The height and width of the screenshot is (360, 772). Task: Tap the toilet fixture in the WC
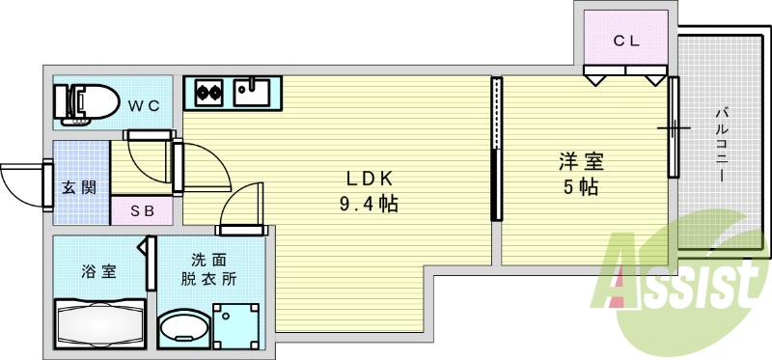click(x=86, y=101)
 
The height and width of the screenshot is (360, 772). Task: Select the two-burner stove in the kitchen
click(x=210, y=93)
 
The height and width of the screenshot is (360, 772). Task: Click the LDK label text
click(x=370, y=179)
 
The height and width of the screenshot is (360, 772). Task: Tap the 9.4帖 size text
click(x=370, y=204)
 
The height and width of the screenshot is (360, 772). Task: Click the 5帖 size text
click(x=581, y=187)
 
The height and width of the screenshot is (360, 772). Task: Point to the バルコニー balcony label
click(x=720, y=145)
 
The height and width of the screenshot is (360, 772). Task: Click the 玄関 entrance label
click(x=79, y=187)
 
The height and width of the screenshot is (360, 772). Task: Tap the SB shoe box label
click(x=141, y=210)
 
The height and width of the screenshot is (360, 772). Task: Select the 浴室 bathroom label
click(x=98, y=271)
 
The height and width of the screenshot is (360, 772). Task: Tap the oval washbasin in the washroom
click(x=183, y=329)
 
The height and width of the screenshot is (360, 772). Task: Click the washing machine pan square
click(x=237, y=326)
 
